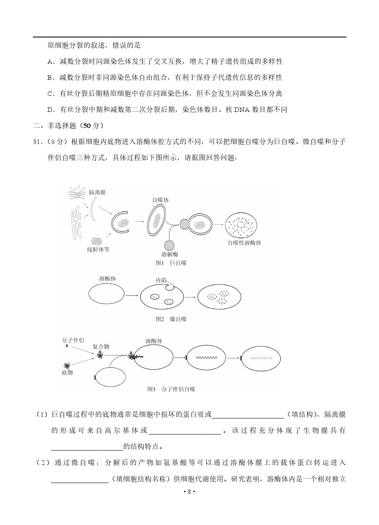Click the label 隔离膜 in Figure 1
(98, 192)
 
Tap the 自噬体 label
(160, 200)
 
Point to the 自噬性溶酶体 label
(244, 243)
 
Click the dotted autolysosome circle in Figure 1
(241, 224)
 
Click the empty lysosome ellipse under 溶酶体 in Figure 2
(107, 295)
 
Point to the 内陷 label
(161, 280)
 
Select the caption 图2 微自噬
(171, 319)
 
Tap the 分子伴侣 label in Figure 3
(73, 340)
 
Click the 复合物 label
(101, 347)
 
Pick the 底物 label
(67, 372)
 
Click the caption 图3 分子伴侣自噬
(171, 389)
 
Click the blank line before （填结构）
(248, 415)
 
